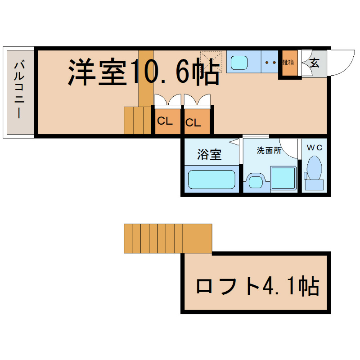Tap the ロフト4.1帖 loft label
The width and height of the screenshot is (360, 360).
pos(257,286)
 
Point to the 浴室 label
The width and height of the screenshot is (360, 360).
pos(209,155)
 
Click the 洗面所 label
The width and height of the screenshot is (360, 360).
pos(269,151)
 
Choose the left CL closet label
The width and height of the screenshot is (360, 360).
pos(165,121)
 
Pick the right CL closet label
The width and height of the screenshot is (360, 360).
pos(193,122)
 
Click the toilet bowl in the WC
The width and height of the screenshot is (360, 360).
pos(314,168)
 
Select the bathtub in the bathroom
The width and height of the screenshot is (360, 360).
pos(211,179)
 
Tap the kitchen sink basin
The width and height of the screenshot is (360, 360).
pos(237,62)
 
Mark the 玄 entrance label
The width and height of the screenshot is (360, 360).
pos(315,63)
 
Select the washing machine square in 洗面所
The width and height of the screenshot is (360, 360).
pos(283,178)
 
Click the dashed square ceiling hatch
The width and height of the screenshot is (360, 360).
pos(211,61)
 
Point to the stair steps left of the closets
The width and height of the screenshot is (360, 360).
pos(138,120)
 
